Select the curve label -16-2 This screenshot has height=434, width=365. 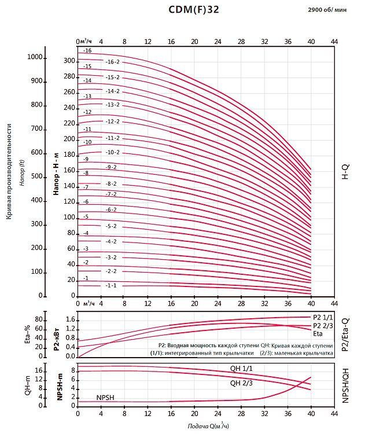click(x=112, y=62)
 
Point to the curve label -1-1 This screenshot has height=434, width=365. click(x=111, y=285)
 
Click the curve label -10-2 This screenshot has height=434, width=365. click(x=112, y=152)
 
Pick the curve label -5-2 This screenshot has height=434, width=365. click(x=111, y=226)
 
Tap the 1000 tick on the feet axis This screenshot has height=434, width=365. click(x=36, y=57)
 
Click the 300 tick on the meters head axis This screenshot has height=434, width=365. click(x=69, y=61)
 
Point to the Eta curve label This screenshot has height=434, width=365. click(x=318, y=334)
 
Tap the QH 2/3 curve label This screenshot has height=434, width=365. click(x=241, y=382)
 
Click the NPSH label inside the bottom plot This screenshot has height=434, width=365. click(x=105, y=398)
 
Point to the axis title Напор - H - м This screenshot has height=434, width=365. click(x=56, y=174)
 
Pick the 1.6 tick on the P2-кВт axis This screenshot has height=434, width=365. click(x=69, y=319)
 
